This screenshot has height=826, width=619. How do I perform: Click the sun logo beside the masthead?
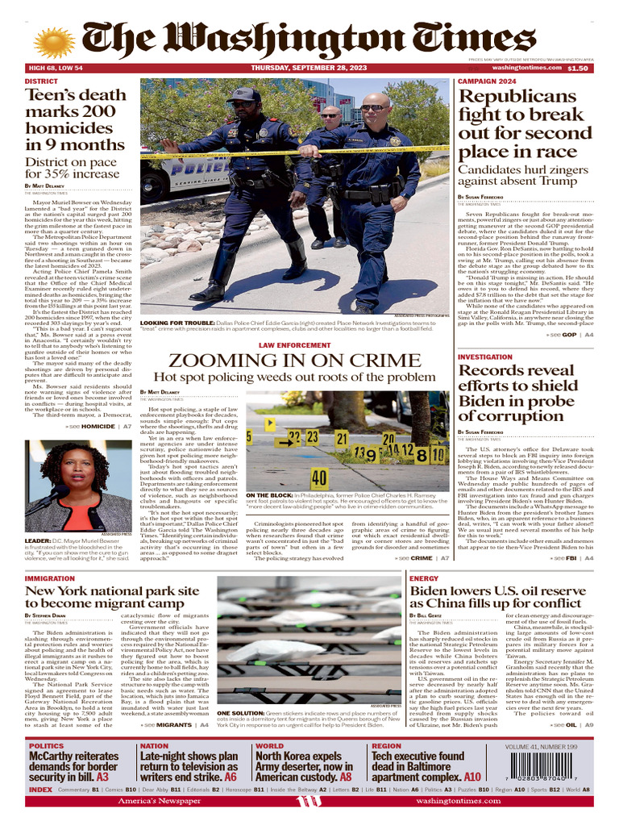click(x=54, y=43)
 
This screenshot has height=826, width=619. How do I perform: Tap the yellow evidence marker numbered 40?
click(x=318, y=479)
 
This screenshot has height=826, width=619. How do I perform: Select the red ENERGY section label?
click(x=424, y=579)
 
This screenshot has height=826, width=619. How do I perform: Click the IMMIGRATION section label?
click(x=49, y=579)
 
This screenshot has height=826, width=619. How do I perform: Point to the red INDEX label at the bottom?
click(x=40, y=790)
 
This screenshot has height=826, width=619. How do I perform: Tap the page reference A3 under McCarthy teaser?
click(x=102, y=777)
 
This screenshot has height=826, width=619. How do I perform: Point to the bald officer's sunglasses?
click(x=373, y=107)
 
